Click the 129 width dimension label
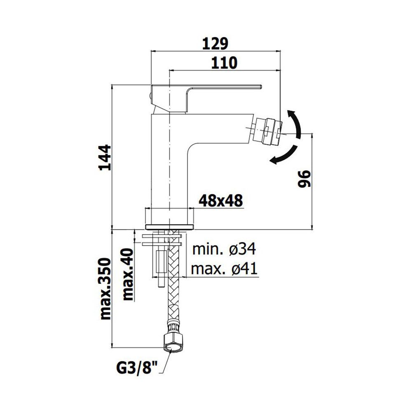coord(215,44)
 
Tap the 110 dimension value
coord(225,63)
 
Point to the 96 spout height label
coord(304,179)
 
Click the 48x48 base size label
coord(221,201)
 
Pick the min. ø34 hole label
coord(224,249)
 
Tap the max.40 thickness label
coord(128,274)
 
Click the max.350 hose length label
coord(105,288)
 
